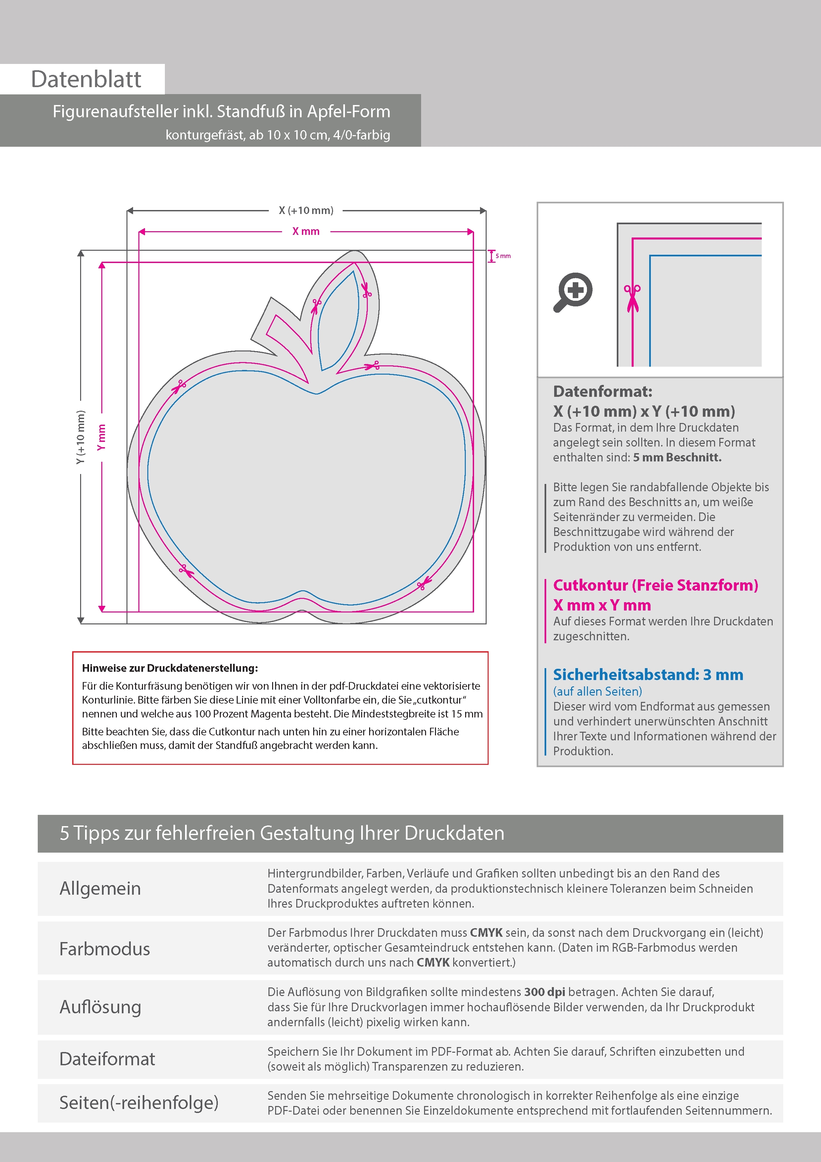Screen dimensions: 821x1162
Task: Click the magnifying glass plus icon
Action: [573, 292]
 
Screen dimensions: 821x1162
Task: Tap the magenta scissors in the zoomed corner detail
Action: [632, 298]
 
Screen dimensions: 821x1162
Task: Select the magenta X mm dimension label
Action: [306, 231]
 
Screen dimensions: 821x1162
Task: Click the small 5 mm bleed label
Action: [503, 256]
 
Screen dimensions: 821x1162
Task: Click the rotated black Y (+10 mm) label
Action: [80, 437]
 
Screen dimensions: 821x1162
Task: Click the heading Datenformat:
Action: [603, 391]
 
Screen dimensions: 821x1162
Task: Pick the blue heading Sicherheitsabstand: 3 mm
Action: [648, 675]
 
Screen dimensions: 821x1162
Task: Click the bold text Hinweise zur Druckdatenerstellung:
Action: [170, 668]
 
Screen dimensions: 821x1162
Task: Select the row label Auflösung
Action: [100, 1007]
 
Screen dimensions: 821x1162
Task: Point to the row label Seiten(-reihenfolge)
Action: [139, 1102]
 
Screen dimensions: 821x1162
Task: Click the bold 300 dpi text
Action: [545, 992]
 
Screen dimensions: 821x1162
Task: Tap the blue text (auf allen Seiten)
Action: [598, 691]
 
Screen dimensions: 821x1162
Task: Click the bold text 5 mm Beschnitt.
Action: [677, 457]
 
